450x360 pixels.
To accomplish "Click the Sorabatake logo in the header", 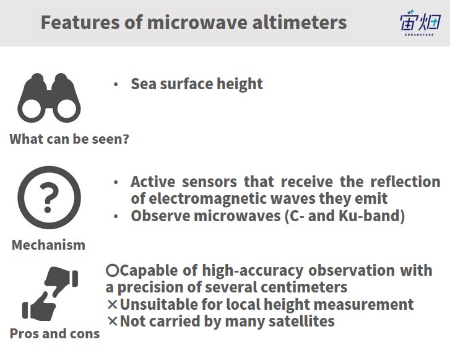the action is [420, 23].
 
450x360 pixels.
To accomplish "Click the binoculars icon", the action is [49, 98].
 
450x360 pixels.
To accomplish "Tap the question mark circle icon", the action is [49, 198].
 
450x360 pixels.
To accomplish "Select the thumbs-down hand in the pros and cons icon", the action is [61, 281].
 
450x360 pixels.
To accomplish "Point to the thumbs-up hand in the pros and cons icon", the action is [39, 307].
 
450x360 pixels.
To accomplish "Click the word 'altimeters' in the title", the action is [300, 22].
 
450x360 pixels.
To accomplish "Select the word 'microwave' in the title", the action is [197, 22].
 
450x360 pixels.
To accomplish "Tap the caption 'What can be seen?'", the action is [69, 139].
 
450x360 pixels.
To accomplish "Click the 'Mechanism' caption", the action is [48, 245].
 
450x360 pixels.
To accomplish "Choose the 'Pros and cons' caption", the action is [55, 333].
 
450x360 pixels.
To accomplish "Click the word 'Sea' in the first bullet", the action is [144, 84].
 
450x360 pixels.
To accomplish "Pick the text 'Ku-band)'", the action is [371, 216].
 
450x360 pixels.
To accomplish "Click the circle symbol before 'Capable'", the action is [112, 270].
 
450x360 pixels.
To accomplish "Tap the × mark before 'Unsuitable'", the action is [113, 304].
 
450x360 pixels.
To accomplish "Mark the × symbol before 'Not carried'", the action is [113, 321].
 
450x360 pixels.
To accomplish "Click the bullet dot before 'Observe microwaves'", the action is [116, 216].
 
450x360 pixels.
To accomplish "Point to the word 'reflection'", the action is [405, 182].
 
